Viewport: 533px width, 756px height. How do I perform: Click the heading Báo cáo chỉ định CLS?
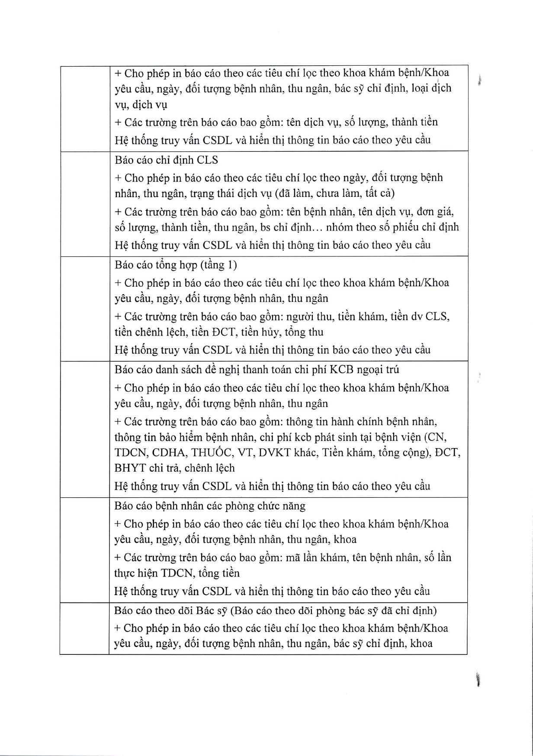(x=166, y=160)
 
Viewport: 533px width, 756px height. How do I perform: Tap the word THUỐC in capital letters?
(x=212, y=452)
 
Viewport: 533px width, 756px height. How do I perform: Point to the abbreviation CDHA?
(x=170, y=452)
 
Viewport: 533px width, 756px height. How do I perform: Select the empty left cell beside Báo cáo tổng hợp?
(x=85, y=308)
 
